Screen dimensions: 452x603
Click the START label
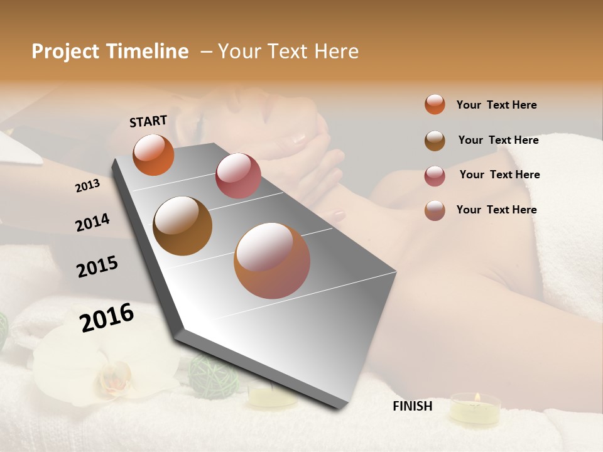click(x=148, y=121)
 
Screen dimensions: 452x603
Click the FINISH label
click(x=413, y=406)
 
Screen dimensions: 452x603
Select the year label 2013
click(x=87, y=186)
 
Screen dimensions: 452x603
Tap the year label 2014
click(x=92, y=222)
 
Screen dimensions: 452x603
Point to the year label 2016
click(x=107, y=318)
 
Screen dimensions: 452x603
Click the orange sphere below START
click(x=153, y=154)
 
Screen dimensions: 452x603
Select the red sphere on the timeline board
click(x=238, y=176)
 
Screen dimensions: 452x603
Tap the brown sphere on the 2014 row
click(x=183, y=226)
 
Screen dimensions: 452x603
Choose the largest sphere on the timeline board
click(x=272, y=261)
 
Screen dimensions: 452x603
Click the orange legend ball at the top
click(x=435, y=104)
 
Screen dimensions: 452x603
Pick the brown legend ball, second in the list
click(x=435, y=141)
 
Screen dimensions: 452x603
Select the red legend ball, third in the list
click(x=435, y=176)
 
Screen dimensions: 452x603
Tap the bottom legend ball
click(x=435, y=210)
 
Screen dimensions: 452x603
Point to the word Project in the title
click(x=65, y=51)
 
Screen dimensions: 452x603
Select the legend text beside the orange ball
click(x=496, y=105)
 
